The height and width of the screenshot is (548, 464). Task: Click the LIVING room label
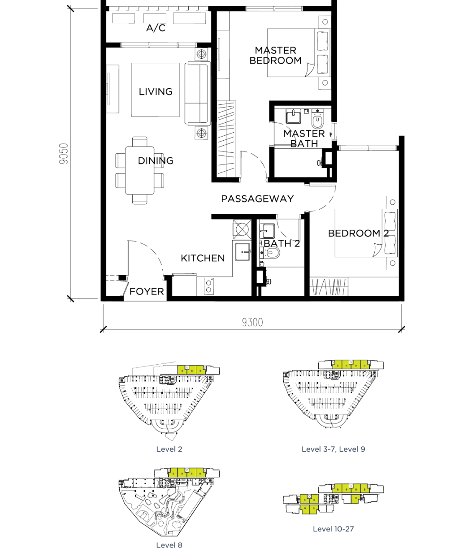point(156,92)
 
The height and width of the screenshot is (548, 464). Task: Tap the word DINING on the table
point(156,161)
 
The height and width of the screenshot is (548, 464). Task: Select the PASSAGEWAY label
point(257,199)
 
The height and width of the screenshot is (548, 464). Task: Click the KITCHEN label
point(203,258)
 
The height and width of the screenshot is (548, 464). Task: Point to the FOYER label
point(147,292)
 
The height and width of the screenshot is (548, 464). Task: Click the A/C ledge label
point(156,28)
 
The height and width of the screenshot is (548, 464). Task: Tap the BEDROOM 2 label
point(358,233)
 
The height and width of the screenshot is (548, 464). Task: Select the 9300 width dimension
point(252,322)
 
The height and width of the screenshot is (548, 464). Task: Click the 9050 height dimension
point(64,154)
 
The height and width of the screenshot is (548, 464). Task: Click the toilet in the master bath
point(317,119)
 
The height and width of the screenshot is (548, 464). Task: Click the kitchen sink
point(242,252)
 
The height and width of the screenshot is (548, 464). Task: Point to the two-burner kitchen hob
point(209,286)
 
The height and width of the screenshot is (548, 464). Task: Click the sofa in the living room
point(197,93)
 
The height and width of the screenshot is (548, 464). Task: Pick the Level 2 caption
point(169,449)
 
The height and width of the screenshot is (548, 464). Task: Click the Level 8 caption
point(169,545)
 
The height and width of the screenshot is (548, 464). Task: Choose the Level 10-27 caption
point(333,529)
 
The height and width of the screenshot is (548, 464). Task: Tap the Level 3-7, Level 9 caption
point(333,449)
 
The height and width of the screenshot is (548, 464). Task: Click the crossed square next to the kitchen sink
point(242,229)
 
